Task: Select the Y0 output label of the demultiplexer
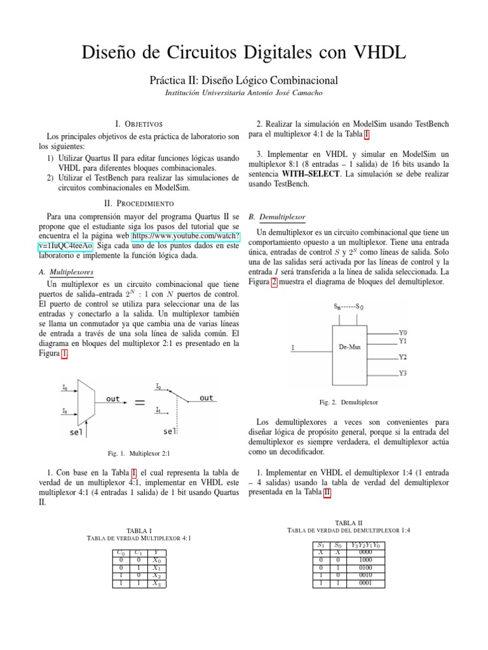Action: [403, 332]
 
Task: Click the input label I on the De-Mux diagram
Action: [293, 347]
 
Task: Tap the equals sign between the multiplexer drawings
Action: [140, 402]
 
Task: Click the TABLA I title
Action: [139, 529]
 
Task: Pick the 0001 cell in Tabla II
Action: [366, 583]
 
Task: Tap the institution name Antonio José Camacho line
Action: [243, 93]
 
